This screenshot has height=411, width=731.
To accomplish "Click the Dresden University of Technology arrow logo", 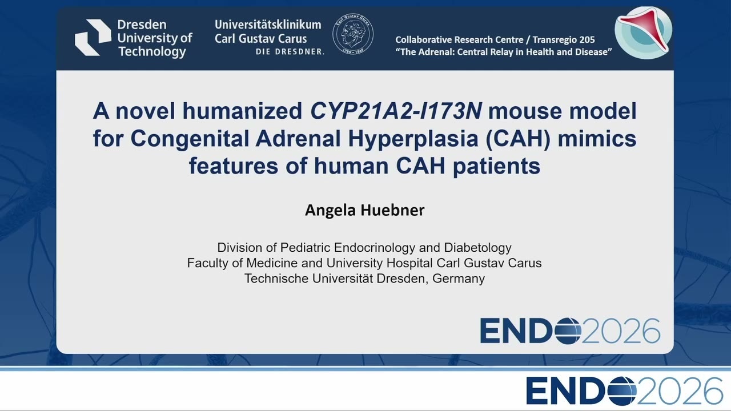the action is click(93, 37).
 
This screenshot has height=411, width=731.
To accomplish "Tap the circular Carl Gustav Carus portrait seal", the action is click(353, 34).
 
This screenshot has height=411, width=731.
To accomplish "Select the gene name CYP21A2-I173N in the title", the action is click(396, 111).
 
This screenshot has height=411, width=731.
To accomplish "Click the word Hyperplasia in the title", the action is click(413, 139).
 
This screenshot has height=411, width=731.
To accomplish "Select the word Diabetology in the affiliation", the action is click(478, 248).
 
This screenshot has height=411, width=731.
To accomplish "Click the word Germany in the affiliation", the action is click(459, 279).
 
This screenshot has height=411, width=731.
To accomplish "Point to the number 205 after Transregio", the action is click(587, 40).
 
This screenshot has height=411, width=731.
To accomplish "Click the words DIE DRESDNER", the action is click(290, 52).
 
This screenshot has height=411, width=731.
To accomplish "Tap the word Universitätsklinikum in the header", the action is click(268, 25).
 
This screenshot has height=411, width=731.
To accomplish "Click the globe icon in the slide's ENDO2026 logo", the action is click(568, 331).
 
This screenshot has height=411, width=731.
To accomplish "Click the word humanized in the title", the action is click(242, 111).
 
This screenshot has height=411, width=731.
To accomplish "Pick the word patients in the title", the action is click(496, 166).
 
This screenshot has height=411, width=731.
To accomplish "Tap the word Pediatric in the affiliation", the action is click(306, 248).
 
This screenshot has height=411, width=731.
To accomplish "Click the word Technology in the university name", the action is click(152, 52).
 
